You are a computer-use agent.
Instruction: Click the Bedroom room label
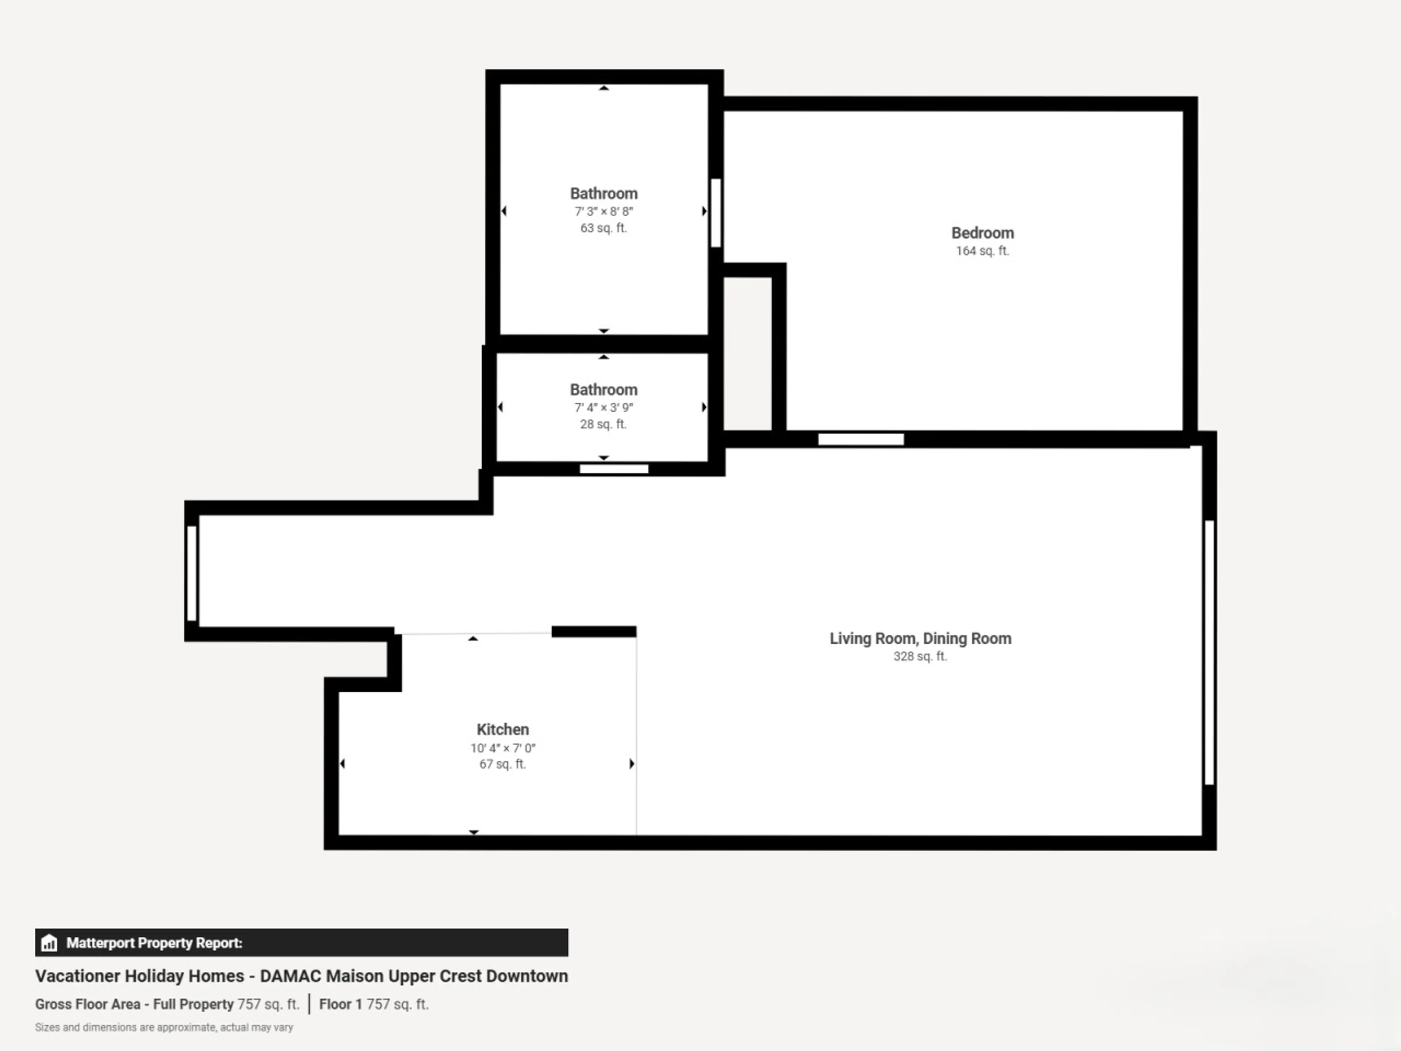point(983,233)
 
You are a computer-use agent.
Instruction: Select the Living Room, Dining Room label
point(920,639)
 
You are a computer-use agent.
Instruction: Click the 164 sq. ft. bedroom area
point(983,251)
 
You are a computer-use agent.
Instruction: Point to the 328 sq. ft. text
point(920,656)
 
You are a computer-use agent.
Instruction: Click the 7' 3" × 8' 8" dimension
point(603,212)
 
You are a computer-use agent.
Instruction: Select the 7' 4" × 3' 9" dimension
point(603,407)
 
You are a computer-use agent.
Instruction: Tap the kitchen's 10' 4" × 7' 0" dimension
point(503,748)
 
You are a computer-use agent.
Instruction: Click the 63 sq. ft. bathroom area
point(603,228)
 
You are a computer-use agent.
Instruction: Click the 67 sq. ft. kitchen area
point(503,764)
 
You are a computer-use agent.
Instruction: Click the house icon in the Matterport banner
point(49,943)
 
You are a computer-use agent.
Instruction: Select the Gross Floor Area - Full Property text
point(134,1004)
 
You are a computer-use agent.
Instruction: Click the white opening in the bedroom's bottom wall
point(861,439)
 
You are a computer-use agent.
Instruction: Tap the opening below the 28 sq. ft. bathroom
point(614,469)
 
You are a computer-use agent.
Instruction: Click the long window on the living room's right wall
point(1209,652)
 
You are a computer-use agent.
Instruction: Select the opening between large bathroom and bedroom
point(716,213)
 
